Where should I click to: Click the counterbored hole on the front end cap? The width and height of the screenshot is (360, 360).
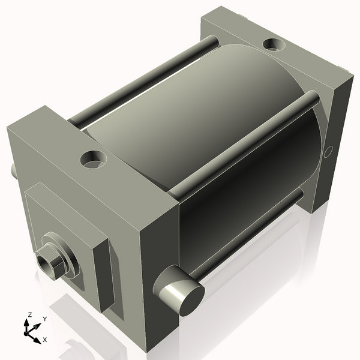pyautogui.click(x=93, y=159)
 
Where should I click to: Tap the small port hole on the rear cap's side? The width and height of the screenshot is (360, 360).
pyautogui.click(x=328, y=152)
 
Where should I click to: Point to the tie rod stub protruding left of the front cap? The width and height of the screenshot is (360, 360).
pyautogui.click(x=13, y=170)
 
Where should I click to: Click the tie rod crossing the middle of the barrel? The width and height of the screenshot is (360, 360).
pyautogui.click(x=240, y=144)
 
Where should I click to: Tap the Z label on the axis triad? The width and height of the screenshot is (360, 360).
pyautogui.click(x=29, y=314)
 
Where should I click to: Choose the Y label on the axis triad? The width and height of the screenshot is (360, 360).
pyautogui.click(x=44, y=319)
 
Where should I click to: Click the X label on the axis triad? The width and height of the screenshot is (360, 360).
pyautogui.click(x=44, y=340)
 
